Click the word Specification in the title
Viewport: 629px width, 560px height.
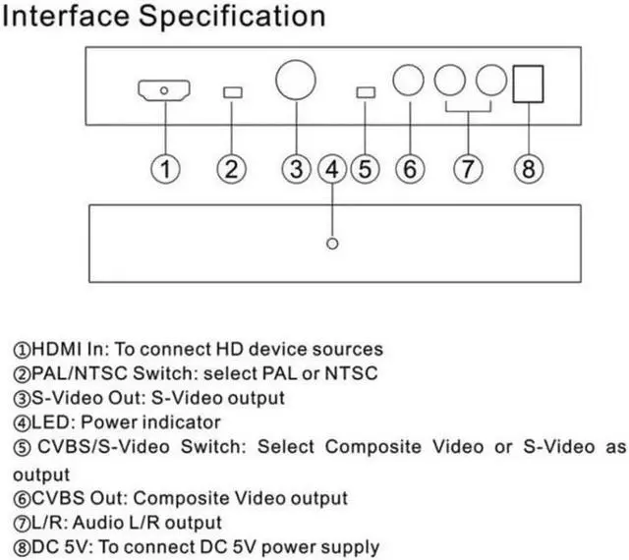(232, 17)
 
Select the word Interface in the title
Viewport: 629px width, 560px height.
(66, 16)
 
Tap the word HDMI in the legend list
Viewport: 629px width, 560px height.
(56, 349)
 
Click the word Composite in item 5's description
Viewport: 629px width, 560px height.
(373, 447)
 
